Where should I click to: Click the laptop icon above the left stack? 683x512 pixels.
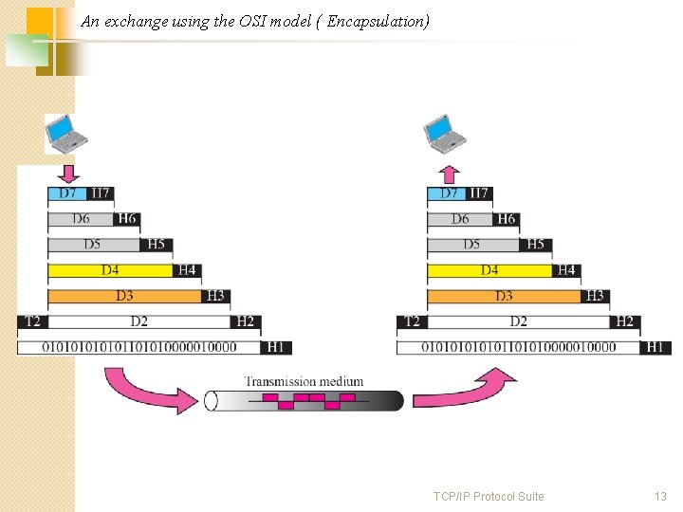point(66,134)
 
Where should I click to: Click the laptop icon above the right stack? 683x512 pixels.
point(446,134)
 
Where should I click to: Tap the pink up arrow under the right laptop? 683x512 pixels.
point(450,174)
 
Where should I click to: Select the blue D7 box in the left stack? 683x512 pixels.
point(68,193)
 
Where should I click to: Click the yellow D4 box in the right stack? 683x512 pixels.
point(489,270)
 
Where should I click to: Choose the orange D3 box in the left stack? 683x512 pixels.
point(125,296)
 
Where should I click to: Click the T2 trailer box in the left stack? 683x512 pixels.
point(31,321)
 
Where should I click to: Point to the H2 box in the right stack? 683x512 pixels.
point(624,321)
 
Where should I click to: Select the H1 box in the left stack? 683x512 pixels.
point(275,347)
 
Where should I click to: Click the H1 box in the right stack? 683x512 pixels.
point(655,347)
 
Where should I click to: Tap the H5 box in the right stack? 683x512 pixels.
point(536,245)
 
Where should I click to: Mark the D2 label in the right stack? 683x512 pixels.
point(518,321)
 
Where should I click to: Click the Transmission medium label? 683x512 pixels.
point(304,381)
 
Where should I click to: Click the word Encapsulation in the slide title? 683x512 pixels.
point(376,20)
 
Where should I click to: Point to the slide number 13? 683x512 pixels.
point(660,496)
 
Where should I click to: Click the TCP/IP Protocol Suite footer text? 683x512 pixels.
point(489,496)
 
